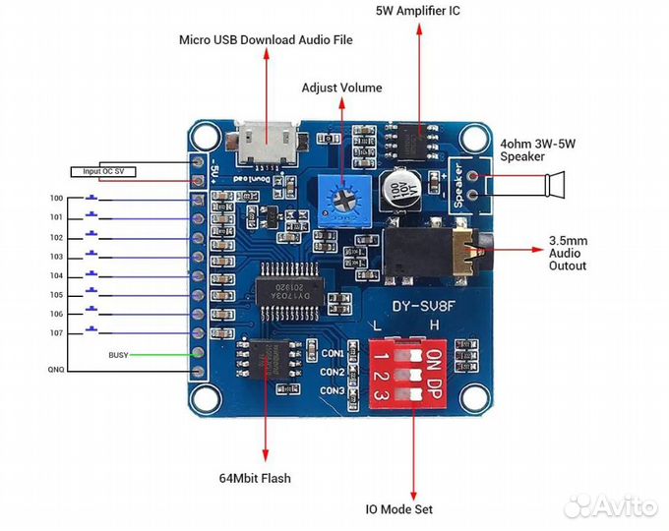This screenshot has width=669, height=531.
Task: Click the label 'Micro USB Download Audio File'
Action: click(265, 40)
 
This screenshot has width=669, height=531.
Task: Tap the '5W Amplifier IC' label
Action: click(417, 11)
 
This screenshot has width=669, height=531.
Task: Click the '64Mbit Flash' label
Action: click(255, 479)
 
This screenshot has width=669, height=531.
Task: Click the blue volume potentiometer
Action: click(343, 197)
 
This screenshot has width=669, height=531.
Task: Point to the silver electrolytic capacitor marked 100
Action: click(399, 188)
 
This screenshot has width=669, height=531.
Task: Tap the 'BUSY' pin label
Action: click(118, 353)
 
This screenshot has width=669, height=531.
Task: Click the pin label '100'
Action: click(56, 199)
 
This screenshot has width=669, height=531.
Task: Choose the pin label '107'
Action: click(56, 332)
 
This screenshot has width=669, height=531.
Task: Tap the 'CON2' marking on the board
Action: click(333, 373)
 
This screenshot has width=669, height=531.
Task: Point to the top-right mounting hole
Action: click(476, 140)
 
